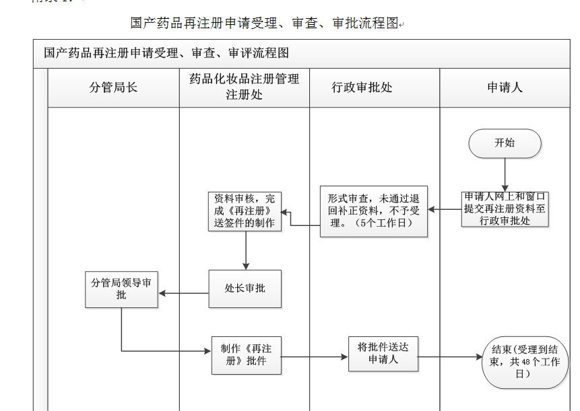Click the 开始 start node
point(505,143)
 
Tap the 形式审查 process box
point(373,211)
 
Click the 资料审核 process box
point(245,211)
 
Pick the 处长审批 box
point(245,289)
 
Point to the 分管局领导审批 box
point(121,289)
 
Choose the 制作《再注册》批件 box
point(246,355)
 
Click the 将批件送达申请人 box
point(383,354)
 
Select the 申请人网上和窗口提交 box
point(505,209)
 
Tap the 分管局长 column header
point(113,87)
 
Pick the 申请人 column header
point(505,87)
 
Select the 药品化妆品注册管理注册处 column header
point(244,87)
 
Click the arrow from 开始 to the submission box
point(505,175)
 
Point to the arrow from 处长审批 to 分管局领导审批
point(183,293)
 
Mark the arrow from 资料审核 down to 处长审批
point(246,250)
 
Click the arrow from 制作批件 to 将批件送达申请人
point(315,357)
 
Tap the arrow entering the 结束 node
point(449,357)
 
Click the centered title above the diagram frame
point(265,23)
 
